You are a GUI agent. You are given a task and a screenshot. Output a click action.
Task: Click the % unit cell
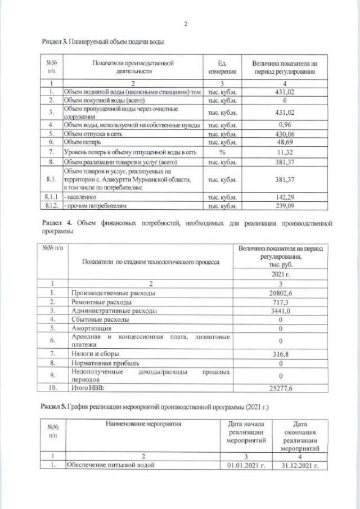click(221, 152)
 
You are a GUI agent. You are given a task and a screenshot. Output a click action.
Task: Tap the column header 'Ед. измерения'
click(221, 67)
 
